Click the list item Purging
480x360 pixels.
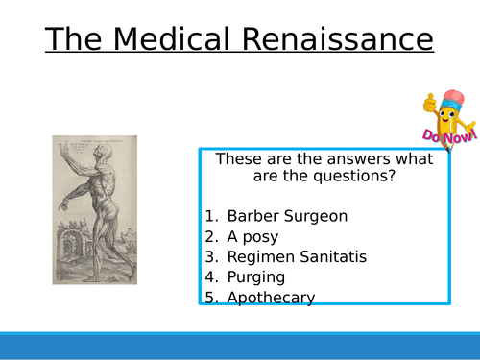click(256, 277)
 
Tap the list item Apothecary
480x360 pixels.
click(271, 298)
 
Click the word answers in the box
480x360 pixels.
click(315, 158)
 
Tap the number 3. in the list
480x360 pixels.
click(212, 256)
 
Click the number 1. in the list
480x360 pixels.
click(212, 215)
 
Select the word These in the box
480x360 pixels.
click(237, 158)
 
